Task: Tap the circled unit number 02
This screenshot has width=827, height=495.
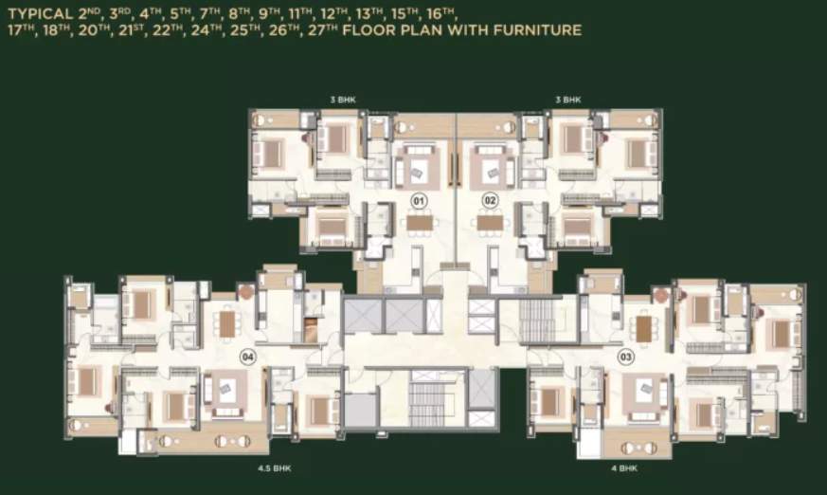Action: click(490, 201)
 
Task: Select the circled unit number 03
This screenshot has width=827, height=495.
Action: click(625, 357)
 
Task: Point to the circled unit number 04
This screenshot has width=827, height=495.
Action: click(248, 357)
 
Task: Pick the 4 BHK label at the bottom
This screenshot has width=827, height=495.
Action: click(623, 468)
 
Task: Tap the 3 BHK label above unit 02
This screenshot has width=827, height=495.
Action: click(568, 100)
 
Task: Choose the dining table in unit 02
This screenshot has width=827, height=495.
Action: click(490, 224)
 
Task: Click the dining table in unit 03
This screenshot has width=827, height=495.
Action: click(644, 328)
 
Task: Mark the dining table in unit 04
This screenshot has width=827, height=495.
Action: click(227, 325)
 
